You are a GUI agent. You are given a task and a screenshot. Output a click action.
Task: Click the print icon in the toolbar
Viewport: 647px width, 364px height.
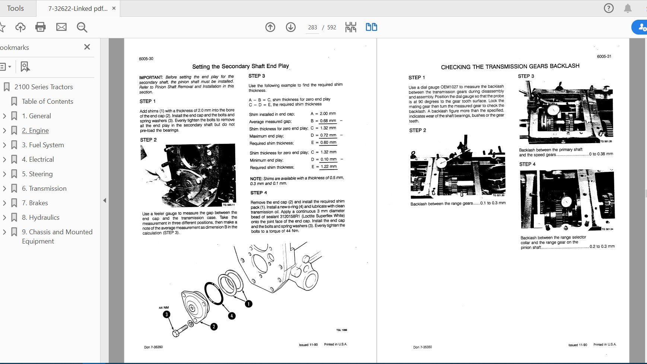(40, 27)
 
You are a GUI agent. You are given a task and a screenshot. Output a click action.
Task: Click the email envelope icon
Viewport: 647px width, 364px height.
(61, 27)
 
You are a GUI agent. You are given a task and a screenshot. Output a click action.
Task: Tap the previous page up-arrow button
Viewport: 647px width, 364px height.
(270, 27)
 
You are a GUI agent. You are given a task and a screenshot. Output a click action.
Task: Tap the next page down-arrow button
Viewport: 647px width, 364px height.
(291, 27)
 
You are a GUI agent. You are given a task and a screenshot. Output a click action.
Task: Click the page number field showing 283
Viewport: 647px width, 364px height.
(312, 28)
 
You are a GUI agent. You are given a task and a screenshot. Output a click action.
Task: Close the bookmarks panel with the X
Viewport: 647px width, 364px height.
(87, 47)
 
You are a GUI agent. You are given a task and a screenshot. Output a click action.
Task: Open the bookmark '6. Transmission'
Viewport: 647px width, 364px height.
(44, 189)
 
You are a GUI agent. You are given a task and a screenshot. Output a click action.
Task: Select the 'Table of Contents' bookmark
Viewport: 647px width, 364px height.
(47, 102)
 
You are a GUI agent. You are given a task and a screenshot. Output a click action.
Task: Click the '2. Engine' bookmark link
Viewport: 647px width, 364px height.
(35, 131)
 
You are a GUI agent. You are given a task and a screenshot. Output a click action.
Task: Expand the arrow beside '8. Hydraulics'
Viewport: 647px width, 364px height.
(4, 218)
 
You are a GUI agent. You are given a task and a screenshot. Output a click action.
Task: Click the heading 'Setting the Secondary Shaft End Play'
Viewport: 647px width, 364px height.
(240, 66)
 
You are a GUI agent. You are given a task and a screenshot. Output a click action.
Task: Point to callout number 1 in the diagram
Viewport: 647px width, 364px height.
(248, 304)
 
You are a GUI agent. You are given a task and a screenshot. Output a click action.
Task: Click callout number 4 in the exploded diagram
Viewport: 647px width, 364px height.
(232, 316)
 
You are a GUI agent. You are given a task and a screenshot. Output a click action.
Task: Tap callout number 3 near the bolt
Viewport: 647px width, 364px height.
(166, 314)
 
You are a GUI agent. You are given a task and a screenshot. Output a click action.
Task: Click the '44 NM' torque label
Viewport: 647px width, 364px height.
(164, 307)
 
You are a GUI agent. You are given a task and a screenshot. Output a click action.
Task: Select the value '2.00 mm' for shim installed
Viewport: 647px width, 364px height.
(328, 114)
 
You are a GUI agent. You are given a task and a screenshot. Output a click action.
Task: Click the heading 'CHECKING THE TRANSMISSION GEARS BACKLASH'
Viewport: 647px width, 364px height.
(510, 67)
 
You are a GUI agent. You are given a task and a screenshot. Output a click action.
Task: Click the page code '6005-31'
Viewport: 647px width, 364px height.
(604, 57)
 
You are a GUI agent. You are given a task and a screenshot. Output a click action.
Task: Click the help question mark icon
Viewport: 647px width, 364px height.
(609, 8)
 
